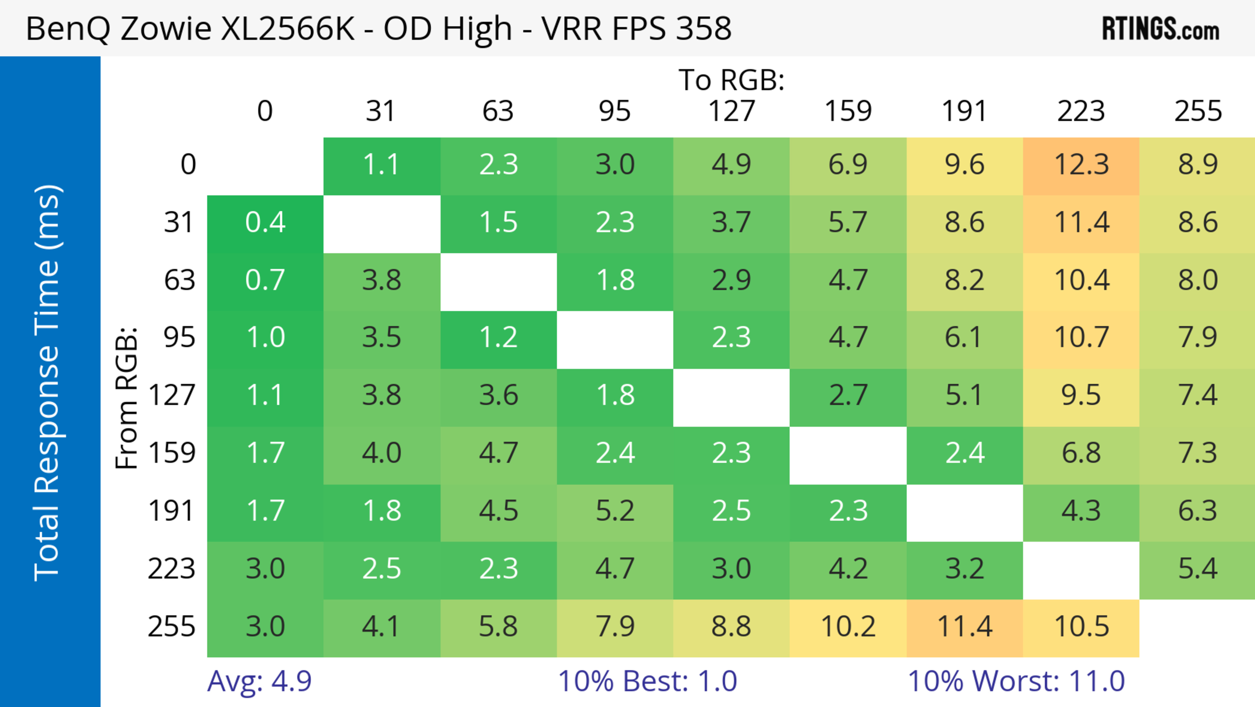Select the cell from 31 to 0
click(x=265, y=223)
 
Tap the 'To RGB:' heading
click(x=731, y=80)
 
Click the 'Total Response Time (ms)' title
click(x=48, y=383)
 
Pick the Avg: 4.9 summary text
click(x=259, y=681)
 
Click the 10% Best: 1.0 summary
click(x=647, y=681)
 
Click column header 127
click(x=731, y=111)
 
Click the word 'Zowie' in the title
click(x=166, y=28)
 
